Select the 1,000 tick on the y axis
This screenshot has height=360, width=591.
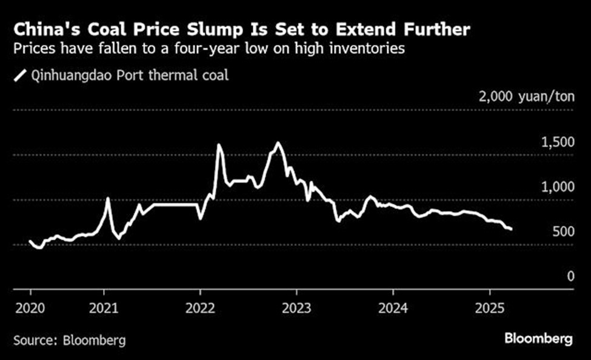[x=556, y=187]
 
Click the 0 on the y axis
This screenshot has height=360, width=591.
[x=570, y=276]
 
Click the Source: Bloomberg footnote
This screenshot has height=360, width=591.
[x=70, y=340]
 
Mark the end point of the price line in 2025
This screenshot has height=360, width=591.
[x=512, y=229]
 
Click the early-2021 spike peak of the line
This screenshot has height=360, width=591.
[x=108, y=199]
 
